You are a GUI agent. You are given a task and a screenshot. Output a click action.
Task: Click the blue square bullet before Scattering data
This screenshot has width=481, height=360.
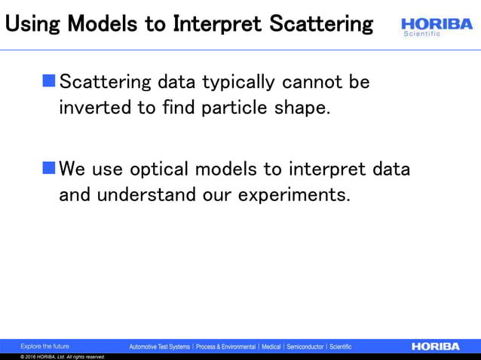(49, 80)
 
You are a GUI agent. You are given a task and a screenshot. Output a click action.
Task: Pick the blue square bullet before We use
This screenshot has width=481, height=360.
(49, 167)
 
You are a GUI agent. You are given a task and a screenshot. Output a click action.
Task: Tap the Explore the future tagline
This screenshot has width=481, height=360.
(44, 346)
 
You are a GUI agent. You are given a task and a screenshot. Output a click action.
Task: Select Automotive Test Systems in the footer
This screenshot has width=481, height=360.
(159, 347)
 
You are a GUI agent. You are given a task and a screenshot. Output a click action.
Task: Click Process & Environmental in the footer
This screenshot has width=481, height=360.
(225, 347)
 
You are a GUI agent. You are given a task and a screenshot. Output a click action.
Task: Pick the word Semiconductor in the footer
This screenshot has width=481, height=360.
(305, 347)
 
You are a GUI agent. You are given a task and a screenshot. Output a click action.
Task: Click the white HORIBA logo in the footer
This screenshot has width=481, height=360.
(435, 346)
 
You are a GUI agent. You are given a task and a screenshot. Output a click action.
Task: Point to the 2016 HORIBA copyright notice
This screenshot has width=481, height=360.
(63, 357)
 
